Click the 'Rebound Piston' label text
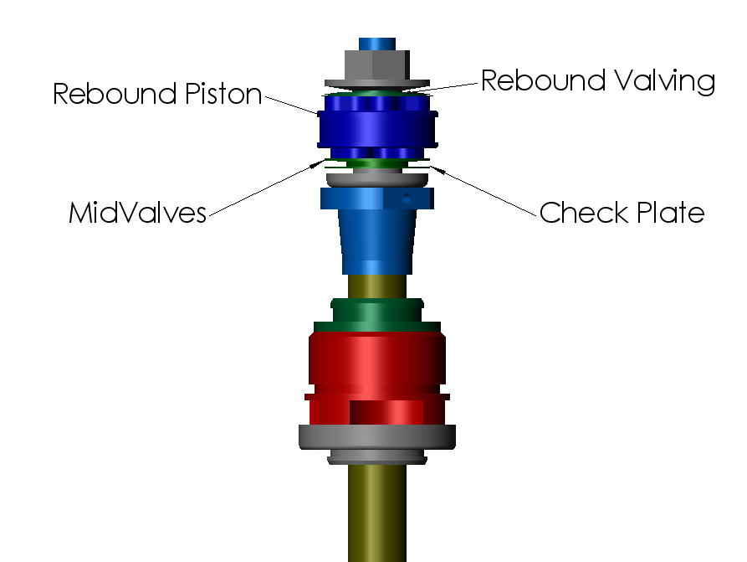(157, 94)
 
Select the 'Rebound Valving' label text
(597, 81)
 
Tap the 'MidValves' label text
(137, 214)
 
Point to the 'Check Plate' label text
(622, 213)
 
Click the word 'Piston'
(223, 94)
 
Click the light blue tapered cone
(376, 243)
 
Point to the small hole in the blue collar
(406, 198)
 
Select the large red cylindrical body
(376, 360)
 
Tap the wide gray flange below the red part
(376, 436)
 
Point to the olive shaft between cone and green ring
(376, 285)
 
